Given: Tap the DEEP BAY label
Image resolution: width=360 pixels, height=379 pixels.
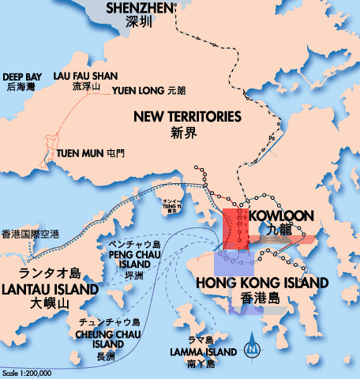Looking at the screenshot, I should (21, 77).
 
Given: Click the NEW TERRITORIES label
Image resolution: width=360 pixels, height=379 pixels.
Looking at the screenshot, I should (186, 117).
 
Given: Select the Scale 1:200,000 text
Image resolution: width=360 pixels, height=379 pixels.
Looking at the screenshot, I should (26, 373).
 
